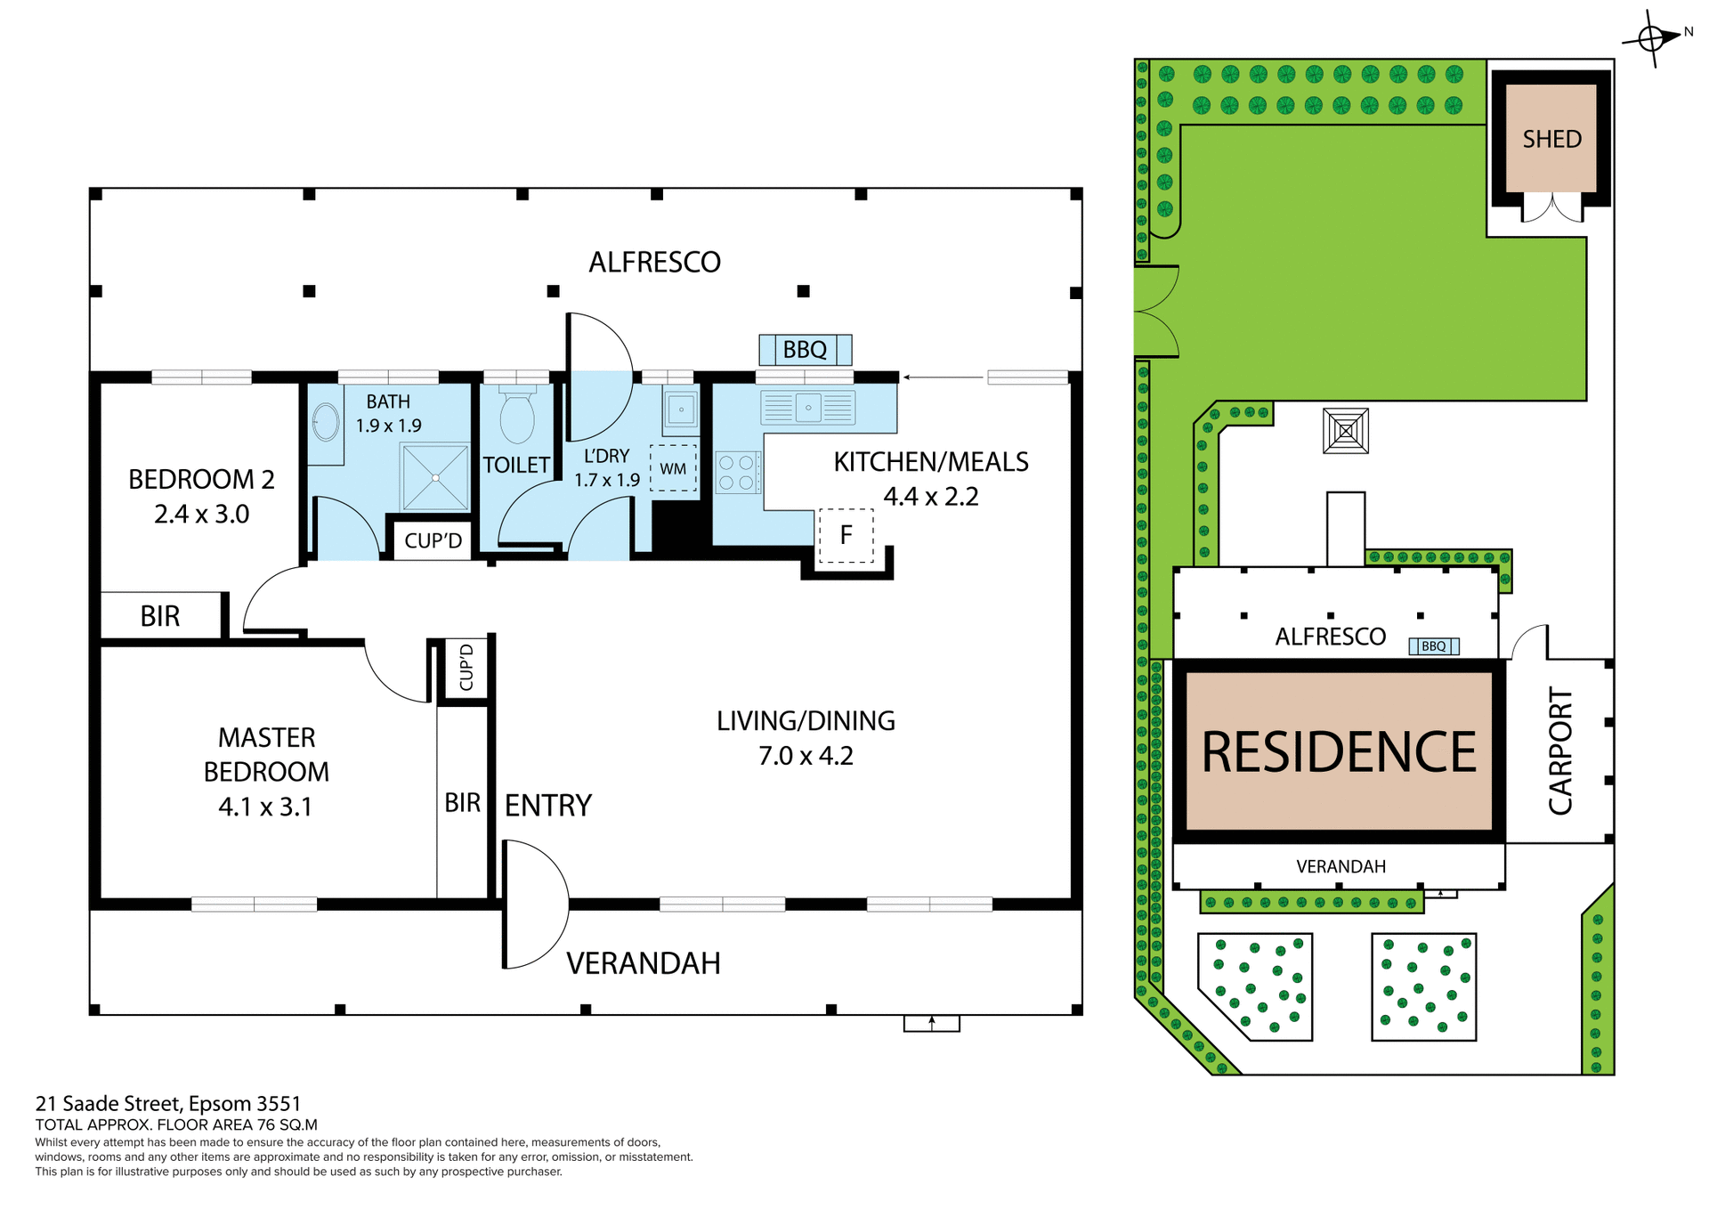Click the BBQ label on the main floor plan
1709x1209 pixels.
click(805, 350)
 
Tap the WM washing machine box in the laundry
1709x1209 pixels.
click(673, 468)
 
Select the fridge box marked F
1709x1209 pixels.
click(846, 535)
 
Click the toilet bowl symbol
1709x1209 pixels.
click(517, 418)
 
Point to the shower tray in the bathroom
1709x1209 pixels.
click(435, 478)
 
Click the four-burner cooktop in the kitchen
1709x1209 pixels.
click(738, 473)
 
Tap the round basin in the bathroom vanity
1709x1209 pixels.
click(326, 423)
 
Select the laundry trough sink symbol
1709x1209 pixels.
click(681, 410)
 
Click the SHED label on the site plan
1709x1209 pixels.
click(1551, 140)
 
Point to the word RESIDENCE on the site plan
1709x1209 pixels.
click(1339, 752)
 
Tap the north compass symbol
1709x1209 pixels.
click(1652, 38)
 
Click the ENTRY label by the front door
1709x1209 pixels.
click(547, 806)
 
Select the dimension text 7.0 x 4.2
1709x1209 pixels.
click(806, 756)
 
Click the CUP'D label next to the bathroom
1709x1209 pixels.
click(433, 540)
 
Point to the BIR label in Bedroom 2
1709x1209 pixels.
click(160, 616)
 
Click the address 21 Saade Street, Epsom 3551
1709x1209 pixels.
click(168, 1104)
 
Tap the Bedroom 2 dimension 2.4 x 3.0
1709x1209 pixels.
click(202, 515)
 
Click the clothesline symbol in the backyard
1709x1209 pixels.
click(1345, 432)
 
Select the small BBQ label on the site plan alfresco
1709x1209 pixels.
click(1433, 646)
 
